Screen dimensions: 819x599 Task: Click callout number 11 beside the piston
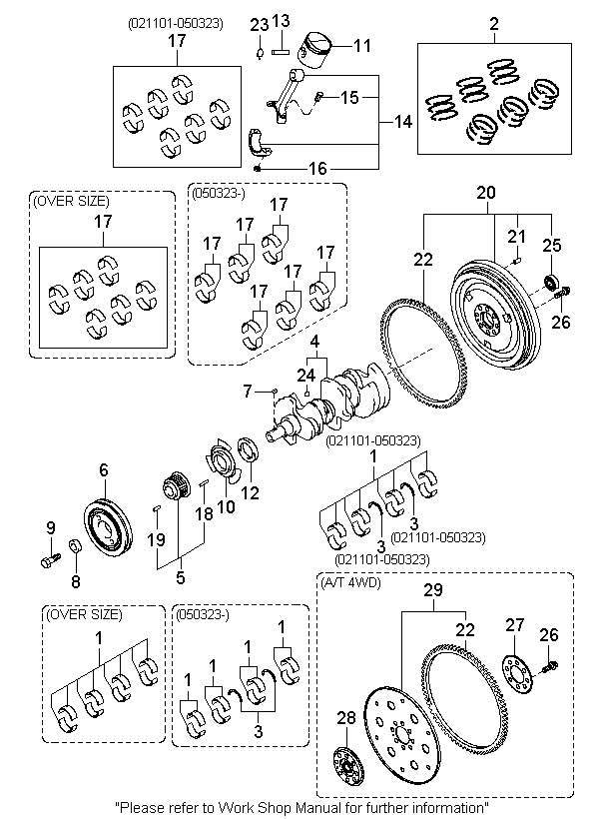(361, 45)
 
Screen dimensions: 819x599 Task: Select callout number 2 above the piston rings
(492, 22)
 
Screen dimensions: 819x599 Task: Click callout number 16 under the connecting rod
(316, 170)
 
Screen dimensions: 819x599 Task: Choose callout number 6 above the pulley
(103, 470)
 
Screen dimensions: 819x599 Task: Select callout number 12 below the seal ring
(251, 491)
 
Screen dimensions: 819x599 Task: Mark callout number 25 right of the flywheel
(551, 245)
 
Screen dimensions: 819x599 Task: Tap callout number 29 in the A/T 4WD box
(432, 592)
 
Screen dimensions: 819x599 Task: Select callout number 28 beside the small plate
(346, 718)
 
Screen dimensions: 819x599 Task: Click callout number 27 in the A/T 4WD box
(514, 625)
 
